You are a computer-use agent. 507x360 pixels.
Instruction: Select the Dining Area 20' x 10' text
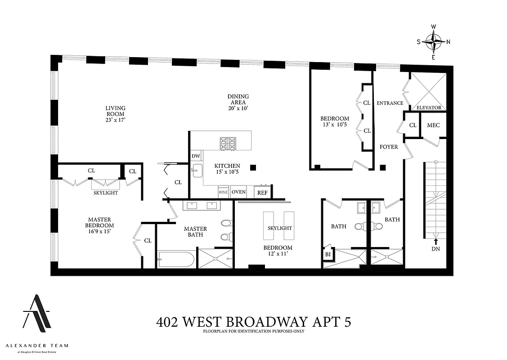[238, 103]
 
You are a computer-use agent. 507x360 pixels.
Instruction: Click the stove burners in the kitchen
[228, 144]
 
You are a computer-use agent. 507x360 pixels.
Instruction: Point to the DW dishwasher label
[196, 156]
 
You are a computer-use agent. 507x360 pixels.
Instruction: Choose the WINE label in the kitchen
[224, 192]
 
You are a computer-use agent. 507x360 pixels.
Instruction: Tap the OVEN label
[238, 192]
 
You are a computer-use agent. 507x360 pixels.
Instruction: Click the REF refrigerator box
[262, 193]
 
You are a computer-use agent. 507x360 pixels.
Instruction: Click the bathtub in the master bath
[176, 260]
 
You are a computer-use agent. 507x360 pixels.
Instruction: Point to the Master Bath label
[195, 232]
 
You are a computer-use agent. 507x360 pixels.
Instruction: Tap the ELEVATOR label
[429, 108]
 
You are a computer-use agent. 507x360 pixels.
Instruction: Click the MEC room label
[433, 126]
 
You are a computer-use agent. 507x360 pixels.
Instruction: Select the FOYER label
[389, 147]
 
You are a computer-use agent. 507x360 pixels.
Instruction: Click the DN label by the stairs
[435, 249]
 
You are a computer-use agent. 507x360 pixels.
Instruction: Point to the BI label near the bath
[328, 254]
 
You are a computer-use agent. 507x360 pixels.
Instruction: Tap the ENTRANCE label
[390, 103]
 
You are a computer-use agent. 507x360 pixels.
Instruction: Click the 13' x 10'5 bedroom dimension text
[335, 125]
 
